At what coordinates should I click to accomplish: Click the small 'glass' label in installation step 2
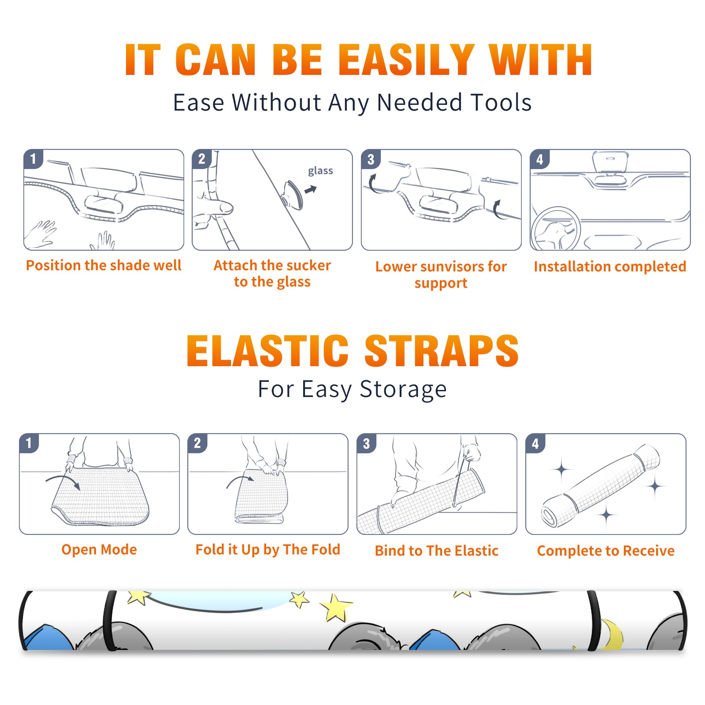coord(320,171)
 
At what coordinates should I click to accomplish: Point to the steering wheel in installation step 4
coord(556,229)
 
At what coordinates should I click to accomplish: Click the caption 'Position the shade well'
coord(104,265)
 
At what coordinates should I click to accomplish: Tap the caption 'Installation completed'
coord(610,267)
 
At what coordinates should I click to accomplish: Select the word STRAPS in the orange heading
coord(442,351)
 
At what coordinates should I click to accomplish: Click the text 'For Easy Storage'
coord(352,390)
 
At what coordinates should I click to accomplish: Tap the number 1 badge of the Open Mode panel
coord(29,443)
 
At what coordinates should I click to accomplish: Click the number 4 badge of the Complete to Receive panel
coord(535,443)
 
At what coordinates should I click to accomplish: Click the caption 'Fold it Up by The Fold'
coord(268,549)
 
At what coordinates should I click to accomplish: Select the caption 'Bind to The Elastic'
coord(437,551)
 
